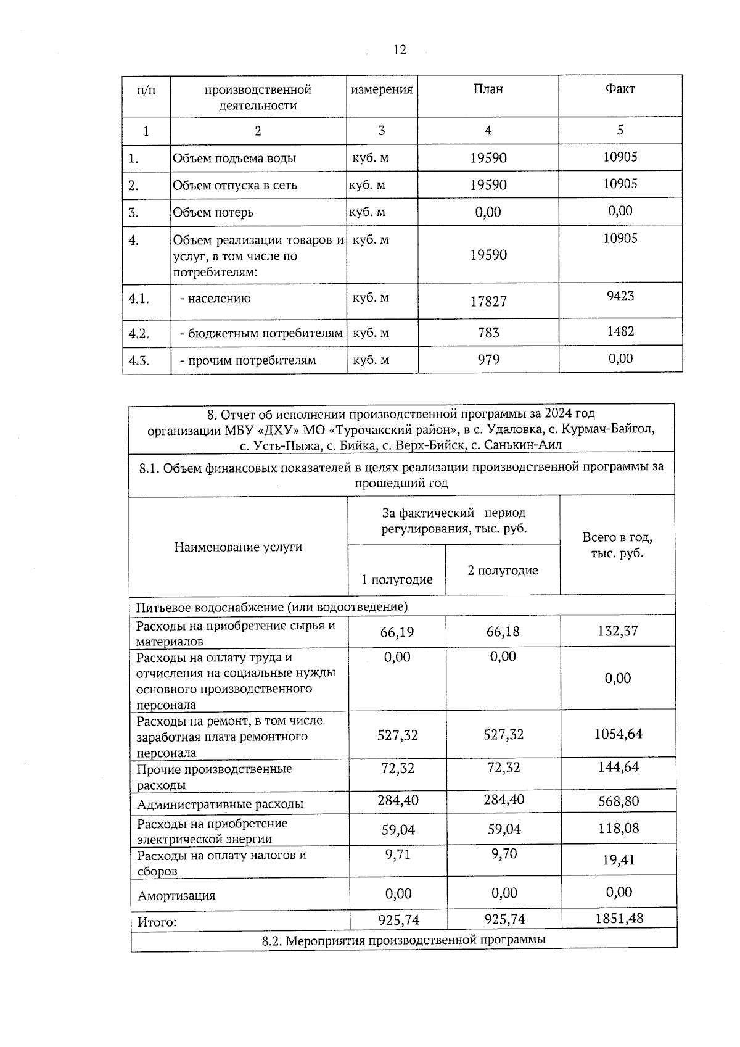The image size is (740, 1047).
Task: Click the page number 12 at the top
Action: [x=400, y=50]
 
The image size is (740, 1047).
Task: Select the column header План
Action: [x=488, y=89]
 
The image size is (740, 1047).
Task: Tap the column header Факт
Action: [x=620, y=89]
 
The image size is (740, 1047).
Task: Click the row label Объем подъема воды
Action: [x=234, y=158]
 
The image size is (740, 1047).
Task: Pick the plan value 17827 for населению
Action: [x=488, y=301]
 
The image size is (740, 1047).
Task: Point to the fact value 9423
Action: [x=620, y=296]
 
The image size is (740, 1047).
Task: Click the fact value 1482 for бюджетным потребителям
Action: [x=620, y=331]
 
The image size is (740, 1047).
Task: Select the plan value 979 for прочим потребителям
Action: [x=488, y=360]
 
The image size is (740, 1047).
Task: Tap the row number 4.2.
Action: [x=139, y=334]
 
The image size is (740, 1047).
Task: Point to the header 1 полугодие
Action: [x=397, y=580]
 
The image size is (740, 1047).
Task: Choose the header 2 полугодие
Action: [x=503, y=571]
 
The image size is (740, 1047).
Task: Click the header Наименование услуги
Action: [x=238, y=547]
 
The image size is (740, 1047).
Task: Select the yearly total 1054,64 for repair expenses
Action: [x=618, y=734]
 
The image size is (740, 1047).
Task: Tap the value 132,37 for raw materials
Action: [x=618, y=631]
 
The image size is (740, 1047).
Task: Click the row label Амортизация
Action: [x=176, y=896]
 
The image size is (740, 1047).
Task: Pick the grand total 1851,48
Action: [x=619, y=919]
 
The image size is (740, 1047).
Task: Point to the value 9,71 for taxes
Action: [x=398, y=855]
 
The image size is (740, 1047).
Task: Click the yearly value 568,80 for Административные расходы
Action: [x=618, y=801]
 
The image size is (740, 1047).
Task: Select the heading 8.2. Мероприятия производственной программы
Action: [x=403, y=941]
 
